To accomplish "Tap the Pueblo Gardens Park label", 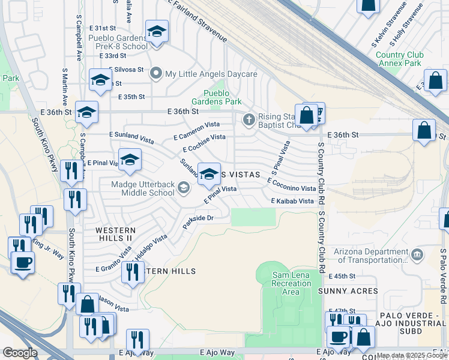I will point(221,97).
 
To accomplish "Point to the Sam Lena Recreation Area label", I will point(291,283).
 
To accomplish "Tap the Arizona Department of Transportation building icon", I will point(417,256).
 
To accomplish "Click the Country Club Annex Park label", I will point(400,59).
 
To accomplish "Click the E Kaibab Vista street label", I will point(292,201).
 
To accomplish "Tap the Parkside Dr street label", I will point(199,222).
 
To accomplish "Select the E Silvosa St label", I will point(124,70).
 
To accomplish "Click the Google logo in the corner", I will point(20,352).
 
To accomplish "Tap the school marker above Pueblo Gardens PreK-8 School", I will point(157,33).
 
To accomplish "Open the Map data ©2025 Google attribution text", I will point(412,356).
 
